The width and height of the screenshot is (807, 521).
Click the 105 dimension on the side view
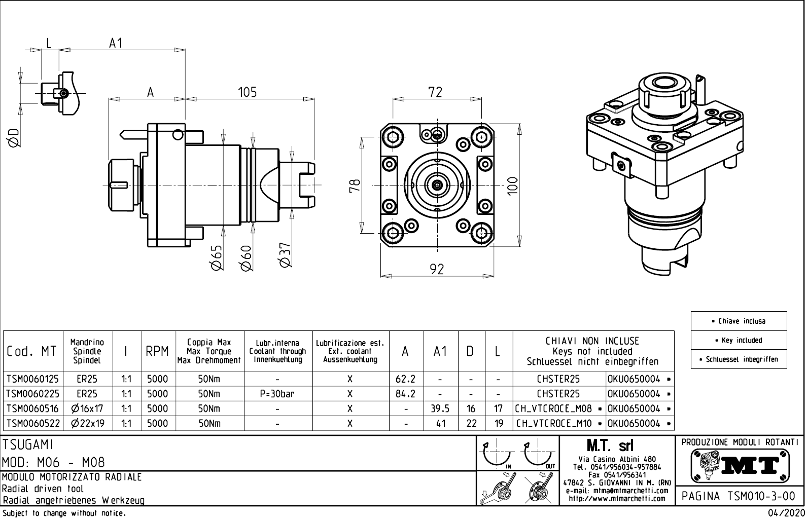[x=248, y=92]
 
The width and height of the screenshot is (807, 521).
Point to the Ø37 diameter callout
[x=285, y=254]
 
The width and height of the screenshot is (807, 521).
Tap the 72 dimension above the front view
[x=435, y=92]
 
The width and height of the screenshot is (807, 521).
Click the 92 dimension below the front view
[x=437, y=269]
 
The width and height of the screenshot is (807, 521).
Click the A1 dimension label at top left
[x=116, y=44]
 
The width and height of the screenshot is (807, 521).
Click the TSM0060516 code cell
[x=32, y=408]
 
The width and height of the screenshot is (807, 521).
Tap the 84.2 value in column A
[x=406, y=394]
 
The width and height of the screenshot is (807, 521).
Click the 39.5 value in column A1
[x=440, y=408]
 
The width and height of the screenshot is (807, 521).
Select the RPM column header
[x=157, y=351]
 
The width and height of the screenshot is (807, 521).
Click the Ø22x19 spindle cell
[x=88, y=424]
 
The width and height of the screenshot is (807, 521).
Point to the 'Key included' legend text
[x=739, y=341]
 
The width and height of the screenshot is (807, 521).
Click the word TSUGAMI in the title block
[x=28, y=444]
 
